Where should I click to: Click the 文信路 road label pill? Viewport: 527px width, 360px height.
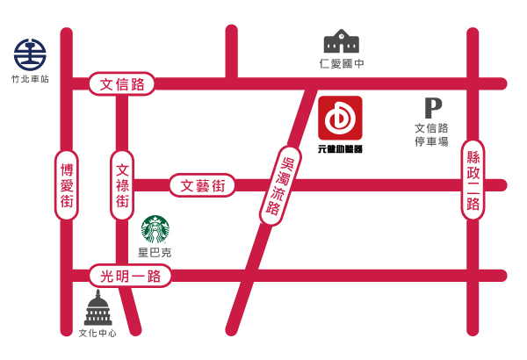tap(122, 84)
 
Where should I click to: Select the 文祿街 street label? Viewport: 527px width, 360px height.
tap(122, 185)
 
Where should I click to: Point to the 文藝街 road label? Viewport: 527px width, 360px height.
tap(203, 185)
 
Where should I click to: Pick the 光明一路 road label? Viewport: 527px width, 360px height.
tap(130, 276)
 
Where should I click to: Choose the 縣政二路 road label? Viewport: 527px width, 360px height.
tap(473, 180)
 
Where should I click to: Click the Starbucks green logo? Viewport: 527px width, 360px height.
tap(155, 230)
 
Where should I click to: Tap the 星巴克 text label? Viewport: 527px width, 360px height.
tap(155, 253)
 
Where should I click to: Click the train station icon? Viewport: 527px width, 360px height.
tap(30, 55)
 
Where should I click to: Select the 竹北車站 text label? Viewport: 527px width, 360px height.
tap(30, 79)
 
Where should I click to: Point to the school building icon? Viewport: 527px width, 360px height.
tap(342, 41)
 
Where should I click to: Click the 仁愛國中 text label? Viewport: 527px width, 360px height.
tap(342, 64)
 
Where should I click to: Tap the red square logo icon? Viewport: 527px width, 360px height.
tap(340, 118)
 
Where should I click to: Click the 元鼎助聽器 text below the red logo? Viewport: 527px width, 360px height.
tap(340, 148)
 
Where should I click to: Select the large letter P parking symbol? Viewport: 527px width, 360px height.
tap(433, 108)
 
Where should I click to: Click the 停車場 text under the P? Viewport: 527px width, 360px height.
tap(432, 141)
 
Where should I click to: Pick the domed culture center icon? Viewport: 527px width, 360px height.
tap(97, 309)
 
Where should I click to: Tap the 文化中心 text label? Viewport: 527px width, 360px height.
tap(97, 334)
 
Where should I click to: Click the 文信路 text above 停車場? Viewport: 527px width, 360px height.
tap(432, 128)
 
